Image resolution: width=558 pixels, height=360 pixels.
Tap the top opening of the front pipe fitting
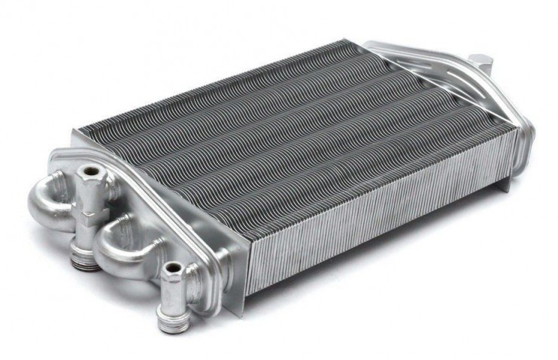174,267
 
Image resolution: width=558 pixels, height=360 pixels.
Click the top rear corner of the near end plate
75,134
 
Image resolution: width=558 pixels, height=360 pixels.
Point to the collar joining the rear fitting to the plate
113,188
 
